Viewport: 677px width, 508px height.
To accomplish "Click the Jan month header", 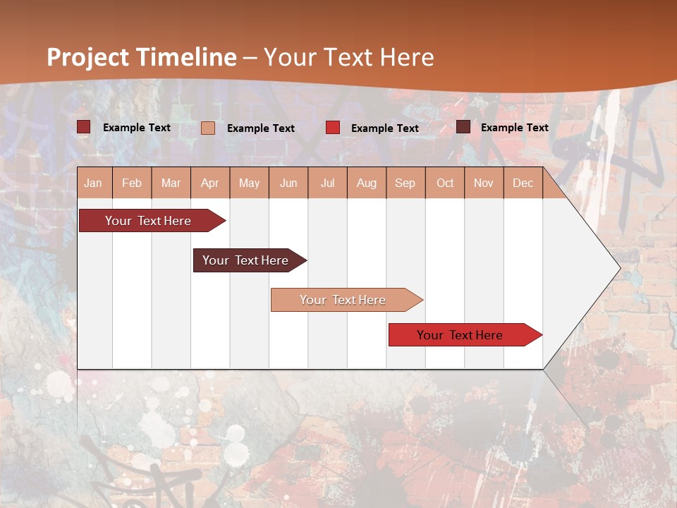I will pyautogui.click(x=94, y=183).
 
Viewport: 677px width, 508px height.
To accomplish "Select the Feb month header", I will pyautogui.click(x=132, y=183).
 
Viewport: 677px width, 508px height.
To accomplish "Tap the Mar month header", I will pyautogui.click(x=171, y=183).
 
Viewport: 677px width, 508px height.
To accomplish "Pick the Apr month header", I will pyautogui.click(x=210, y=183).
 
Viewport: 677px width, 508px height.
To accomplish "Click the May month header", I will pyautogui.click(x=249, y=183).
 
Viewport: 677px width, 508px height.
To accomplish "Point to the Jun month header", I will pyautogui.click(x=288, y=183).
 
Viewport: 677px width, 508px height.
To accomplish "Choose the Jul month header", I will pyautogui.click(x=327, y=183).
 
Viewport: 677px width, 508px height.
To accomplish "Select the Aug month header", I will pyautogui.click(x=367, y=183).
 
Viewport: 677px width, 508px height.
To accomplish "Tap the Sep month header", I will pyautogui.click(x=405, y=183).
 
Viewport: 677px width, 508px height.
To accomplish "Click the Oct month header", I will pyautogui.click(x=445, y=183).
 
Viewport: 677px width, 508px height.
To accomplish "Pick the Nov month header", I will pyautogui.click(x=484, y=183).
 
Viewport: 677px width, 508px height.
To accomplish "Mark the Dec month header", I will pyautogui.click(x=523, y=183).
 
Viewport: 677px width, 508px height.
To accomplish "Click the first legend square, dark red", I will pyautogui.click(x=84, y=127).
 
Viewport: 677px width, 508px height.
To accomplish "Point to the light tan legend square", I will pyautogui.click(x=208, y=128).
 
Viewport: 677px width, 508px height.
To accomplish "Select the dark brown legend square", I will pyautogui.click(x=463, y=127).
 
